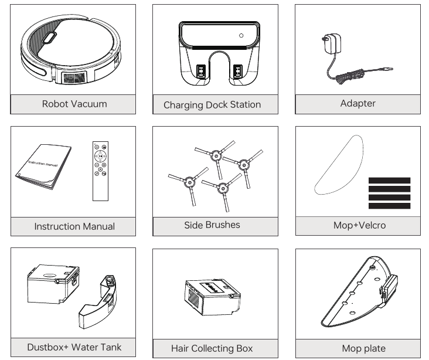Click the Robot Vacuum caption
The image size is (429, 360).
[x=74, y=104]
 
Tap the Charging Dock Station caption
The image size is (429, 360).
[x=212, y=105]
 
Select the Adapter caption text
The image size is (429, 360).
[x=358, y=103]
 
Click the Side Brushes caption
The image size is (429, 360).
[x=212, y=225]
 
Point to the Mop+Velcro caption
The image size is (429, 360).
[x=359, y=225]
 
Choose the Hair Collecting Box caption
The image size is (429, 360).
[x=212, y=348]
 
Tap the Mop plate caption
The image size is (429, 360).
[x=363, y=348]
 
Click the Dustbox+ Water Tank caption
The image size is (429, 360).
[x=74, y=347]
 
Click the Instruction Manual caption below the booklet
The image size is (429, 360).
[x=74, y=226]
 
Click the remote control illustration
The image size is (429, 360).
[x=100, y=171]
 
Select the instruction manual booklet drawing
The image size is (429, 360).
[x=43, y=167]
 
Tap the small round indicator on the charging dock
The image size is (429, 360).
[x=241, y=36]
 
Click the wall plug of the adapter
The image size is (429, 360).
[x=332, y=43]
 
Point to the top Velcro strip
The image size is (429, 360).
[x=389, y=181]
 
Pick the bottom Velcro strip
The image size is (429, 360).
[x=389, y=206]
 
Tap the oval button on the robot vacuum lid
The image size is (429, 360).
[x=49, y=38]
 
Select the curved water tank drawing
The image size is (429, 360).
[x=98, y=302]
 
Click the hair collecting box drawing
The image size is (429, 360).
[x=213, y=297]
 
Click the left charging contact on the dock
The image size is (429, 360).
[x=201, y=72]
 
